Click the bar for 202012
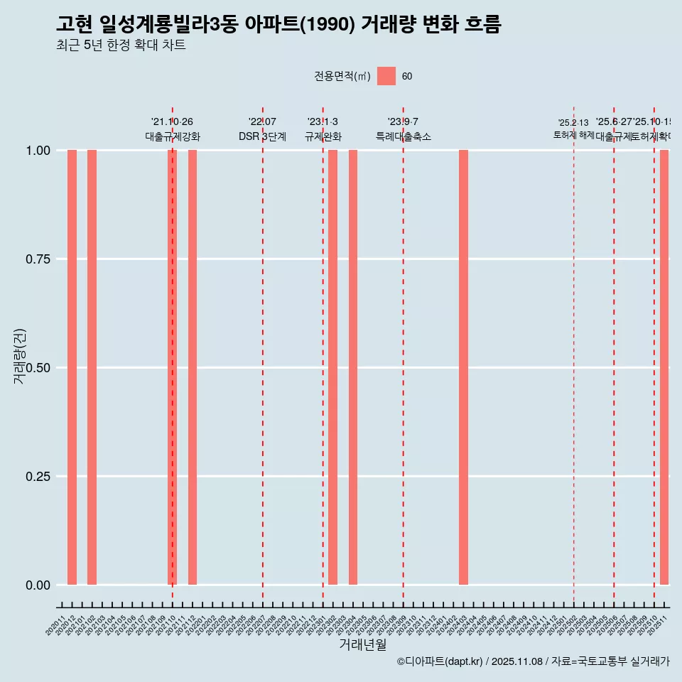pyautogui.click(x=72, y=367)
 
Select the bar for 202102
pyautogui.click(x=92, y=367)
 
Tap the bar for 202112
pyautogui.click(x=193, y=367)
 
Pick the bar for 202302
pyautogui.click(x=332, y=367)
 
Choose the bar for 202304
pyautogui.click(x=353, y=367)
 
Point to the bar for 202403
pyautogui.click(x=463, y=367)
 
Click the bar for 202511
pyautogui.click(x=664, y=367)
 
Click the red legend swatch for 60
pyautogui.click(x=386, y=76)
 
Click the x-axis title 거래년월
pyautogui.click(x=363, y=644)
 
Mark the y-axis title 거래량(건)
pyautogui.click(x=20, y=356)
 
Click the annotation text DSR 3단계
pyautogui.click(x=262, y=136)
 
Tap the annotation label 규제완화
pyautogui.click(x=323, y=136)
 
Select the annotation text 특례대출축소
pyautogui.click(x=404, y=136)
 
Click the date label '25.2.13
pyautogui.click(x=573, y=123)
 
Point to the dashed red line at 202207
pyautogui.click(x=263, y=355)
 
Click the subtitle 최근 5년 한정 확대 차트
pyautogui.click(x=121, y=45)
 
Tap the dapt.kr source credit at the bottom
pyautogui.click(x=533, y=661)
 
